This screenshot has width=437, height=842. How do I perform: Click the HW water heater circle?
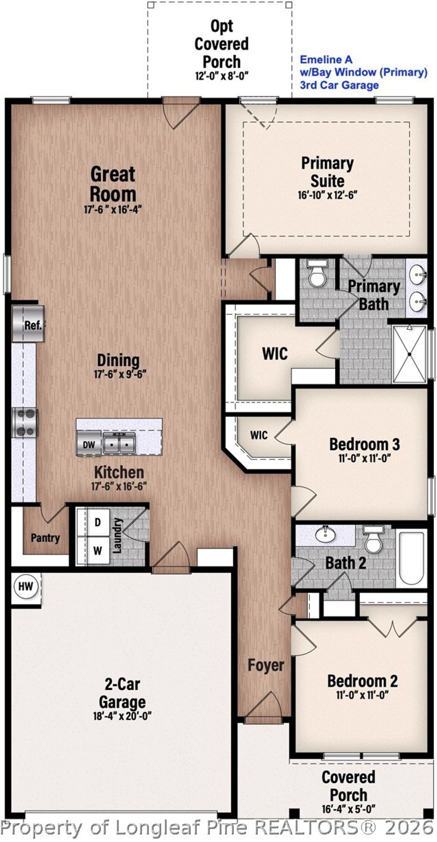(x=26, y=586)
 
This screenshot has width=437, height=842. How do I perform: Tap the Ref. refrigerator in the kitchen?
(x=28, y=324)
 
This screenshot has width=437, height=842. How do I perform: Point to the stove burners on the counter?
(x=25, y=422)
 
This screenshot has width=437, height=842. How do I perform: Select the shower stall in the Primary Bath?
(x=409, y=354)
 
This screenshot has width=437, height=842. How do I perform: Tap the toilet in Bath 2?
(x=373, y=539)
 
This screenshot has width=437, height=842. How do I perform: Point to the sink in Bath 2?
(x=326, y=533)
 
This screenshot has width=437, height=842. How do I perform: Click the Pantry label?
(x=45, y=538)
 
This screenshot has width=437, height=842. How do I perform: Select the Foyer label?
(x=266, y=665)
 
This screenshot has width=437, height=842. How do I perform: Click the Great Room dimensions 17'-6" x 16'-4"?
(x=113, y=209)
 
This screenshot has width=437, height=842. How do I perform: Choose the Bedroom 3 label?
(x=364, y=444)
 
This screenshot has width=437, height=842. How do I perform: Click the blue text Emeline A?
(x=326, y=60)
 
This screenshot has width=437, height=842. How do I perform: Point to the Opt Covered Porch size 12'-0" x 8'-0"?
(x=221, y=76)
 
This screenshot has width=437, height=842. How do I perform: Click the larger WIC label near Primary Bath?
(x=274, y=353)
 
